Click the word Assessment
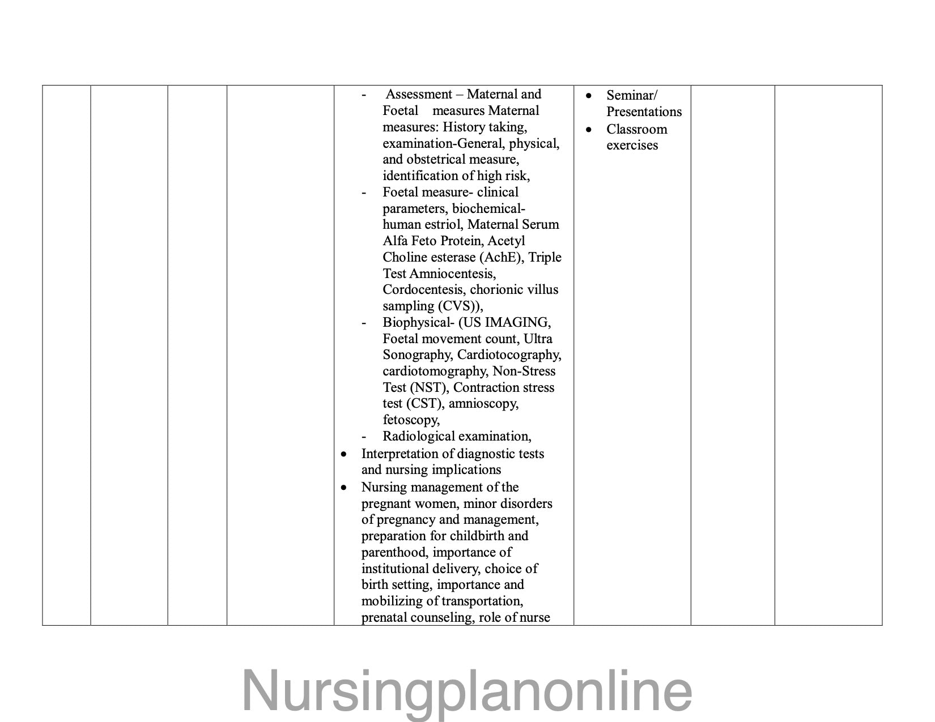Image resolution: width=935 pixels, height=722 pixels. tap(419, 95)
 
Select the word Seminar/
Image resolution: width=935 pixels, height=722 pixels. tap(632, 96)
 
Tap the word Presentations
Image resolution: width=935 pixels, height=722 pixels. tap(644, 112)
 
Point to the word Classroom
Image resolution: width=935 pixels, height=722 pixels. tap(636, 130)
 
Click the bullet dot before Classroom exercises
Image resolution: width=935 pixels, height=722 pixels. tap(589, 130)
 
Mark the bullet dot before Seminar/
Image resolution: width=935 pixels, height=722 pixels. tap(589, 96)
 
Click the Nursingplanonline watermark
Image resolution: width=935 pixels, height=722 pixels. tap(467, 690)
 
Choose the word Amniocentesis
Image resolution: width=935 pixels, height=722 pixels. tap(452, 274)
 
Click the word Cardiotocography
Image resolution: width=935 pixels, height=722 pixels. tap(509, 355)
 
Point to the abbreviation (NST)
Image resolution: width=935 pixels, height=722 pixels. tap(428, 388)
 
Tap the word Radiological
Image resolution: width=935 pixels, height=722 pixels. tap(418, 437)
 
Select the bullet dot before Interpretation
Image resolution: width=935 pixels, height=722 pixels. tap(343, 454)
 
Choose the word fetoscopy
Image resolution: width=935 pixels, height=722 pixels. tap(410, 420)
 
